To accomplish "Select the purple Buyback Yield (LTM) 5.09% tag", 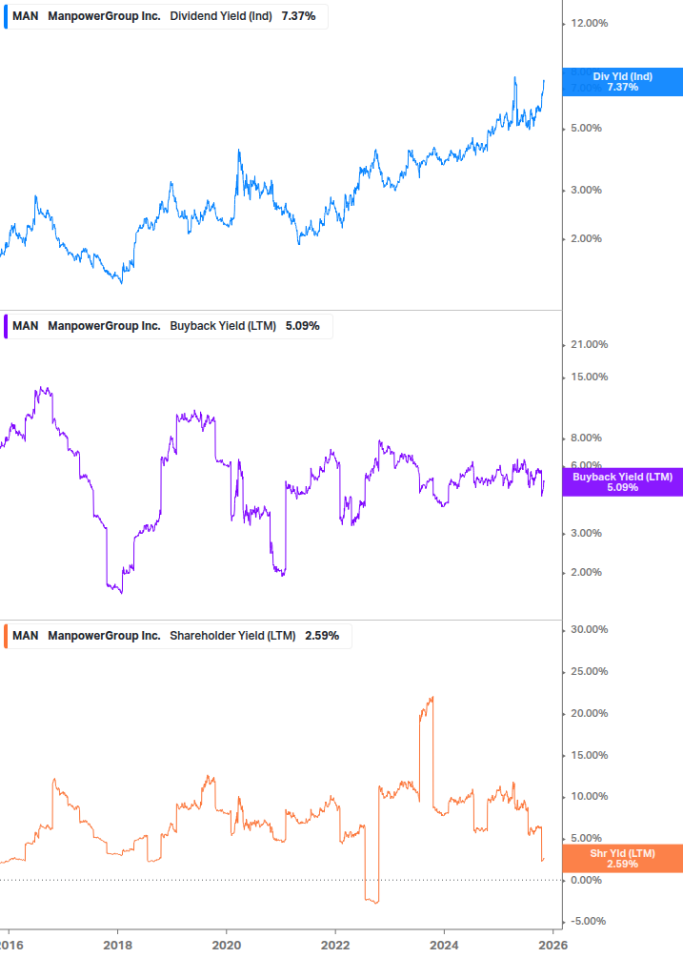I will click(622, 482).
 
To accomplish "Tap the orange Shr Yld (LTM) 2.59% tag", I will click(622, 858).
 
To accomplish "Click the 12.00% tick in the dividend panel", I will click(587, 23).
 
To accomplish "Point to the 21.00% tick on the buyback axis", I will click(587, 344).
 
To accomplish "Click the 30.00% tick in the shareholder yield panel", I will click(587, 629).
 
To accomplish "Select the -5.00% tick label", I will click(587, 921).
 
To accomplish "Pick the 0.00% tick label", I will click(587, 880).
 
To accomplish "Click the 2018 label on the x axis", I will click(117, 945).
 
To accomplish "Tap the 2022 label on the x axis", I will click(335, 945).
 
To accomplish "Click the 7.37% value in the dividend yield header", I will click(298, 16).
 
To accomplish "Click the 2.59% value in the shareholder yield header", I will click(322, 636).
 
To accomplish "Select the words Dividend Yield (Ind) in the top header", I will click(221, 16).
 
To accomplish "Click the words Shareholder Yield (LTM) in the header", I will click(232, 636).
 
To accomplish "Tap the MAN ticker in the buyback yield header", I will click(26, 326).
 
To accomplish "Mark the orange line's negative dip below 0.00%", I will click(373, 901).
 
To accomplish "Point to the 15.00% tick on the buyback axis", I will click(587, 377).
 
